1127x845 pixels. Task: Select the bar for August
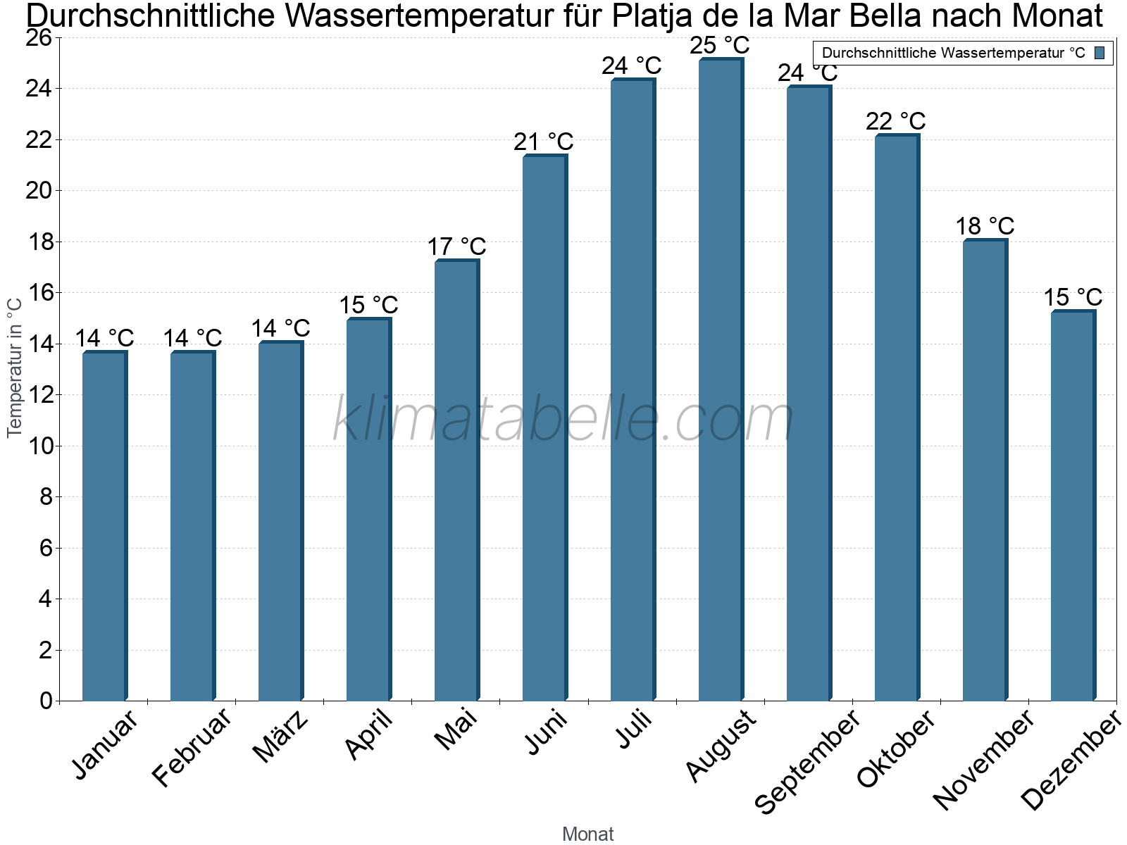(x=721, y=379)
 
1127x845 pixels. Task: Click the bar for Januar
(x=105, y=526)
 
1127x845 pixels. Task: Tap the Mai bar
(x=457, y=480)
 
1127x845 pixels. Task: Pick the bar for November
(x=985, y=470)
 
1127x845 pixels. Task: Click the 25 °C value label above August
(x=719, y=45)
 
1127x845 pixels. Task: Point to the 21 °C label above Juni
(x=543, y=142)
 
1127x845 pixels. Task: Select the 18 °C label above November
(x=985, y=226)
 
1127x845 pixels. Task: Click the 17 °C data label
(x=456, y=246)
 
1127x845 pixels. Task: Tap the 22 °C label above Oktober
(x=895, y=122)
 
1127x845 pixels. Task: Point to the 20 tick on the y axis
(x=39, y=191)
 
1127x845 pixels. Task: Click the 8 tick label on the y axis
(x=46, y=496)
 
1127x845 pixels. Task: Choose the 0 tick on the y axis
(x=46, y=701)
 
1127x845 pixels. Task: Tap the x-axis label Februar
(x=192, y=748)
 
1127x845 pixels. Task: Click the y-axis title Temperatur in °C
(x=15, y=368)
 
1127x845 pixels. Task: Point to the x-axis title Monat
(x=588, y=834)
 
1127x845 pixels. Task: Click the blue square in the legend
(x=1100, y=53)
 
